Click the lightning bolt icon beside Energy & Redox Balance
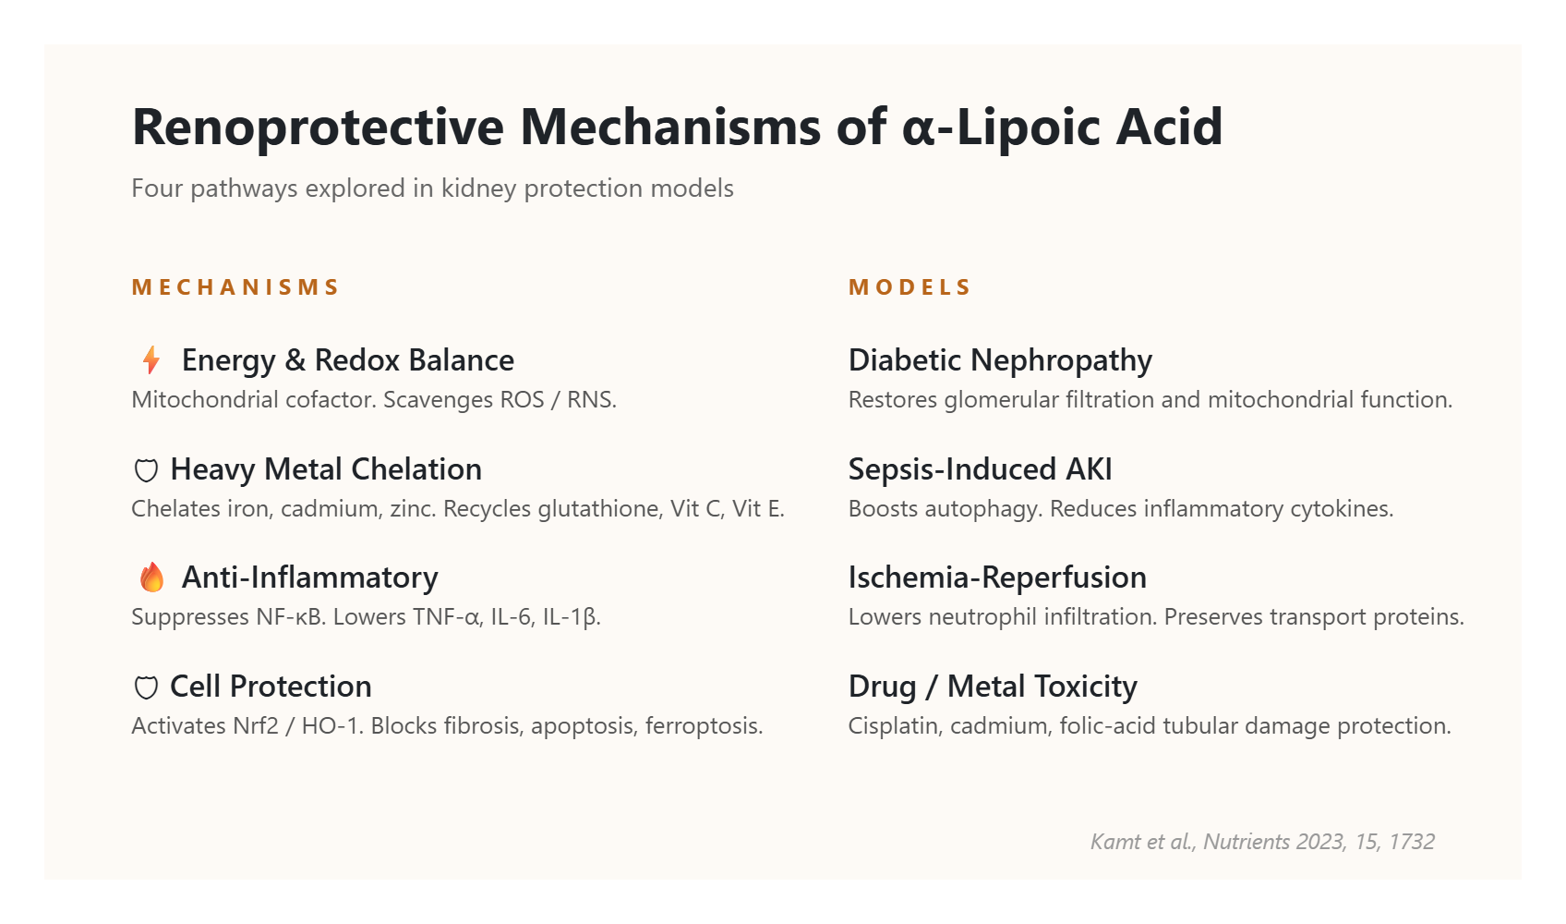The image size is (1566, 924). click(x=151, y=360)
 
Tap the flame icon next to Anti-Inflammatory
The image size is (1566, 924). click(x=151, y=577)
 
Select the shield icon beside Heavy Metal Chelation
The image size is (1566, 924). click(x=145, y=470)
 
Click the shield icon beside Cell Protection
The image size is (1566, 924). click(x=145, y=687)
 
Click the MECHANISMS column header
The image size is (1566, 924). click(x=235, y=287)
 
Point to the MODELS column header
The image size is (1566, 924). click(x=909, y=287)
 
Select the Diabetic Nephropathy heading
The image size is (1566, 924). click(x=1000, y=361)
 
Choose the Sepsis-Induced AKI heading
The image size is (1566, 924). click(x=981, y=469)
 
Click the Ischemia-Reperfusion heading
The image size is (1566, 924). click(x=997, y=577)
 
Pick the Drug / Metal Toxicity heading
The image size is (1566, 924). click(x=993, y=687)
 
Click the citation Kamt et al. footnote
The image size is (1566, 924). click(x=1262, y=842)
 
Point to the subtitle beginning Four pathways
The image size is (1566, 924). click(x=433, y=188)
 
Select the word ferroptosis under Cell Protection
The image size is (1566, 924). click(x=704, y=726)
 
